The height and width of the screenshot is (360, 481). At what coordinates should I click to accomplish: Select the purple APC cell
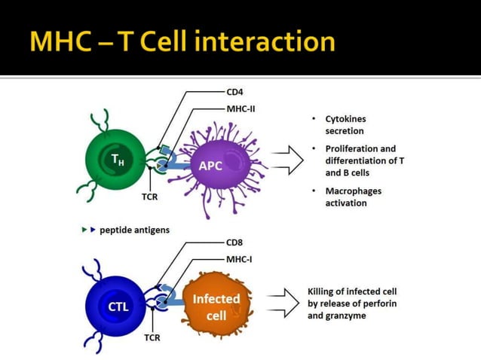tap(212, 165)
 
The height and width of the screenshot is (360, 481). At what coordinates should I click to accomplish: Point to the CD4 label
tap(234, 92)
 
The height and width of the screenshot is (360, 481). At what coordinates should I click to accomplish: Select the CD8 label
tap(234, 243)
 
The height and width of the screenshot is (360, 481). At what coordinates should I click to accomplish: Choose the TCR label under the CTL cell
tap(152, 337)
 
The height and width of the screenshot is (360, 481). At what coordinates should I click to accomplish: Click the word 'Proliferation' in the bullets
tap(352, 148)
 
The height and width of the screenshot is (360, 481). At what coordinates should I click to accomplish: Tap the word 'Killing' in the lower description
tap(323, 291)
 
